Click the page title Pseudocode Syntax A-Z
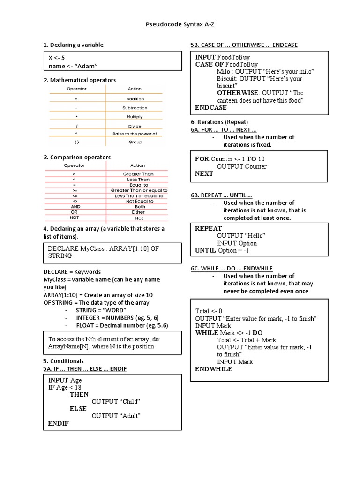(x=180, y=24)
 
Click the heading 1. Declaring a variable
(x=73, y=45)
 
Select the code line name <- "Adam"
(x=75, y=66)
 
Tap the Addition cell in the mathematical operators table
(x=135, y=99)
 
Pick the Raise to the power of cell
(x=135, y=134)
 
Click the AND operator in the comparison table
(x=75, y=207)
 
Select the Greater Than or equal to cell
(x=139, y=190)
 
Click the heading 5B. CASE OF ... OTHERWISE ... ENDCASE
(x=244, y=45)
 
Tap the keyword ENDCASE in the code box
(x=211, y=107)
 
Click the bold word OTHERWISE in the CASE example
(x=238, y=93)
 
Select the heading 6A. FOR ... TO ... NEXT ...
(x=224, y=129)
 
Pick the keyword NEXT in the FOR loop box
(x=204, y=173)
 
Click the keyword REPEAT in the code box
(x=209, y=228)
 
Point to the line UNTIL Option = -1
(x=222, y=251)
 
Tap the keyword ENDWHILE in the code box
(x=214, y=369)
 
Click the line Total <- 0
(x=209, y=311)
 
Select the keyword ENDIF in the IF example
(x=58, y=423)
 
